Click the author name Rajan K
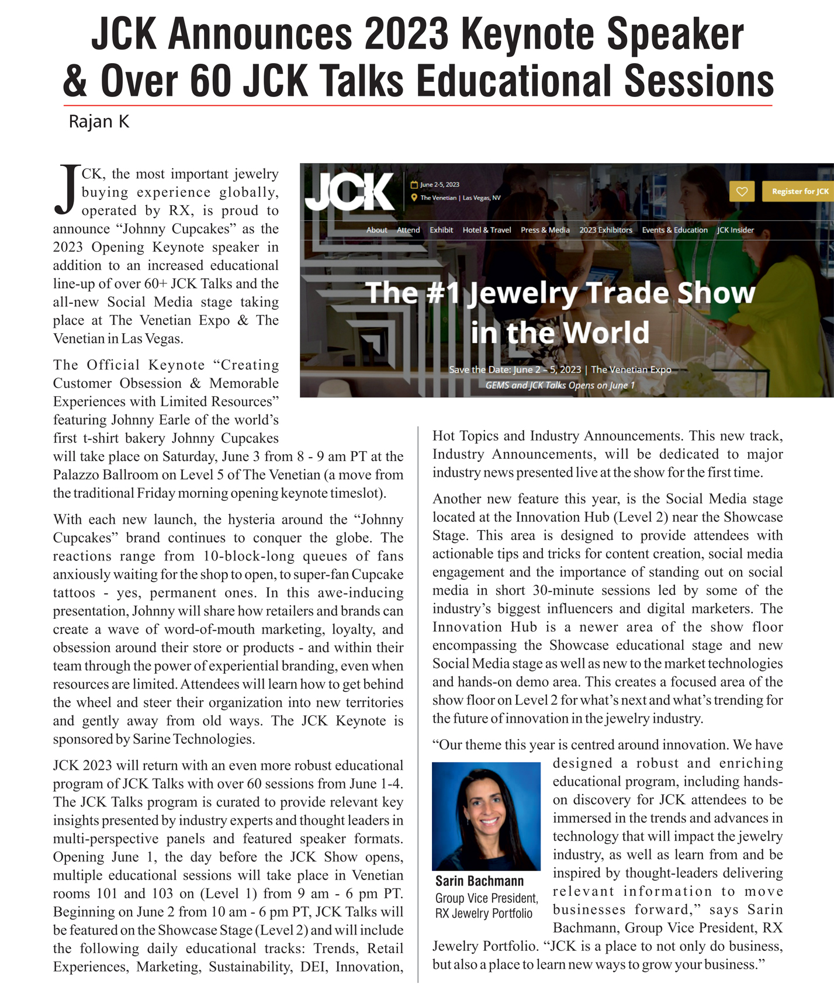(x=99, y=122)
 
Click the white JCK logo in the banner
(x=349, y=191)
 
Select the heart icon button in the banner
(x=742, y=191)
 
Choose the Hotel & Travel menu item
(x=486, y=230)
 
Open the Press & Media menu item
(x=545, y=230)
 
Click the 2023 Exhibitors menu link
(x=605, y=230)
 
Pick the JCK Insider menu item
(x=735, y=230)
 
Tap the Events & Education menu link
(x=674, y=230)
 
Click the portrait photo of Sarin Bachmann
(x=486, y=816)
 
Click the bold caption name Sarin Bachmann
(x=479, y=881)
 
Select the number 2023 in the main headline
(x=406, y=34)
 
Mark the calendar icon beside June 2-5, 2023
(x=414, y=185)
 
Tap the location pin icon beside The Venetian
(x=414, y=198)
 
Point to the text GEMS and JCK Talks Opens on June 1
(x=559, y=385)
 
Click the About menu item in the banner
(x=376, y=230)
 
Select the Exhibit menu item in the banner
(x=441, y=230)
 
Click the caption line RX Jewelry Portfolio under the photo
(x=483, y=913)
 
